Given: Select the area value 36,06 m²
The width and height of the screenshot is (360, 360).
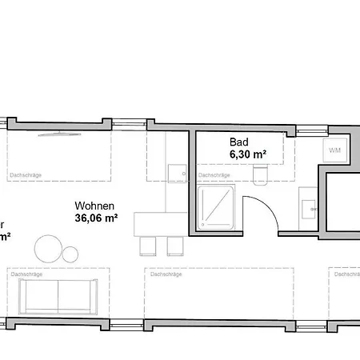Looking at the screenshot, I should pos(96,217).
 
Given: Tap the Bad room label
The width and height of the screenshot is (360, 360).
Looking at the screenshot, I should pos(228,142).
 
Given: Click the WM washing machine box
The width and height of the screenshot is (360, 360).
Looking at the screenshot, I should pos(335,150).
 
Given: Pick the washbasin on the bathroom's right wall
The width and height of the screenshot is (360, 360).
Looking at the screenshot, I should pos(308,206).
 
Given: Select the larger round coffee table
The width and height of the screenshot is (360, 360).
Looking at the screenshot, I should pos(48,248).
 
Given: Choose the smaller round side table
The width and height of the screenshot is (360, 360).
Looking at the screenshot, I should pos(70,254).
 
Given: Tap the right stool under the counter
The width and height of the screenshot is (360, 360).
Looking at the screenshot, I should pos(174,246).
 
